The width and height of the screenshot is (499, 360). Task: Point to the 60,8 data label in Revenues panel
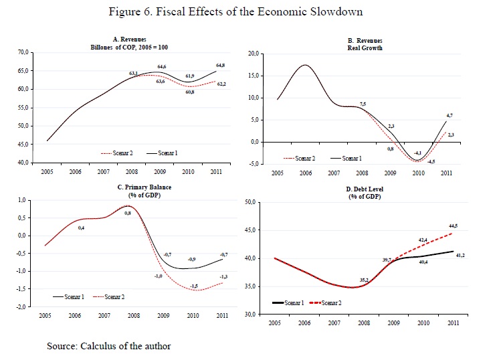(189, 92)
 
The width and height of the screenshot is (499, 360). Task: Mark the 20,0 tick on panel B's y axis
(254, 53)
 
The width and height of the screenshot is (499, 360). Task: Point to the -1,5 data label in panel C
(193, 286)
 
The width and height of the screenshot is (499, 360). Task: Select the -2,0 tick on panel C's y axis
(22, 306)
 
